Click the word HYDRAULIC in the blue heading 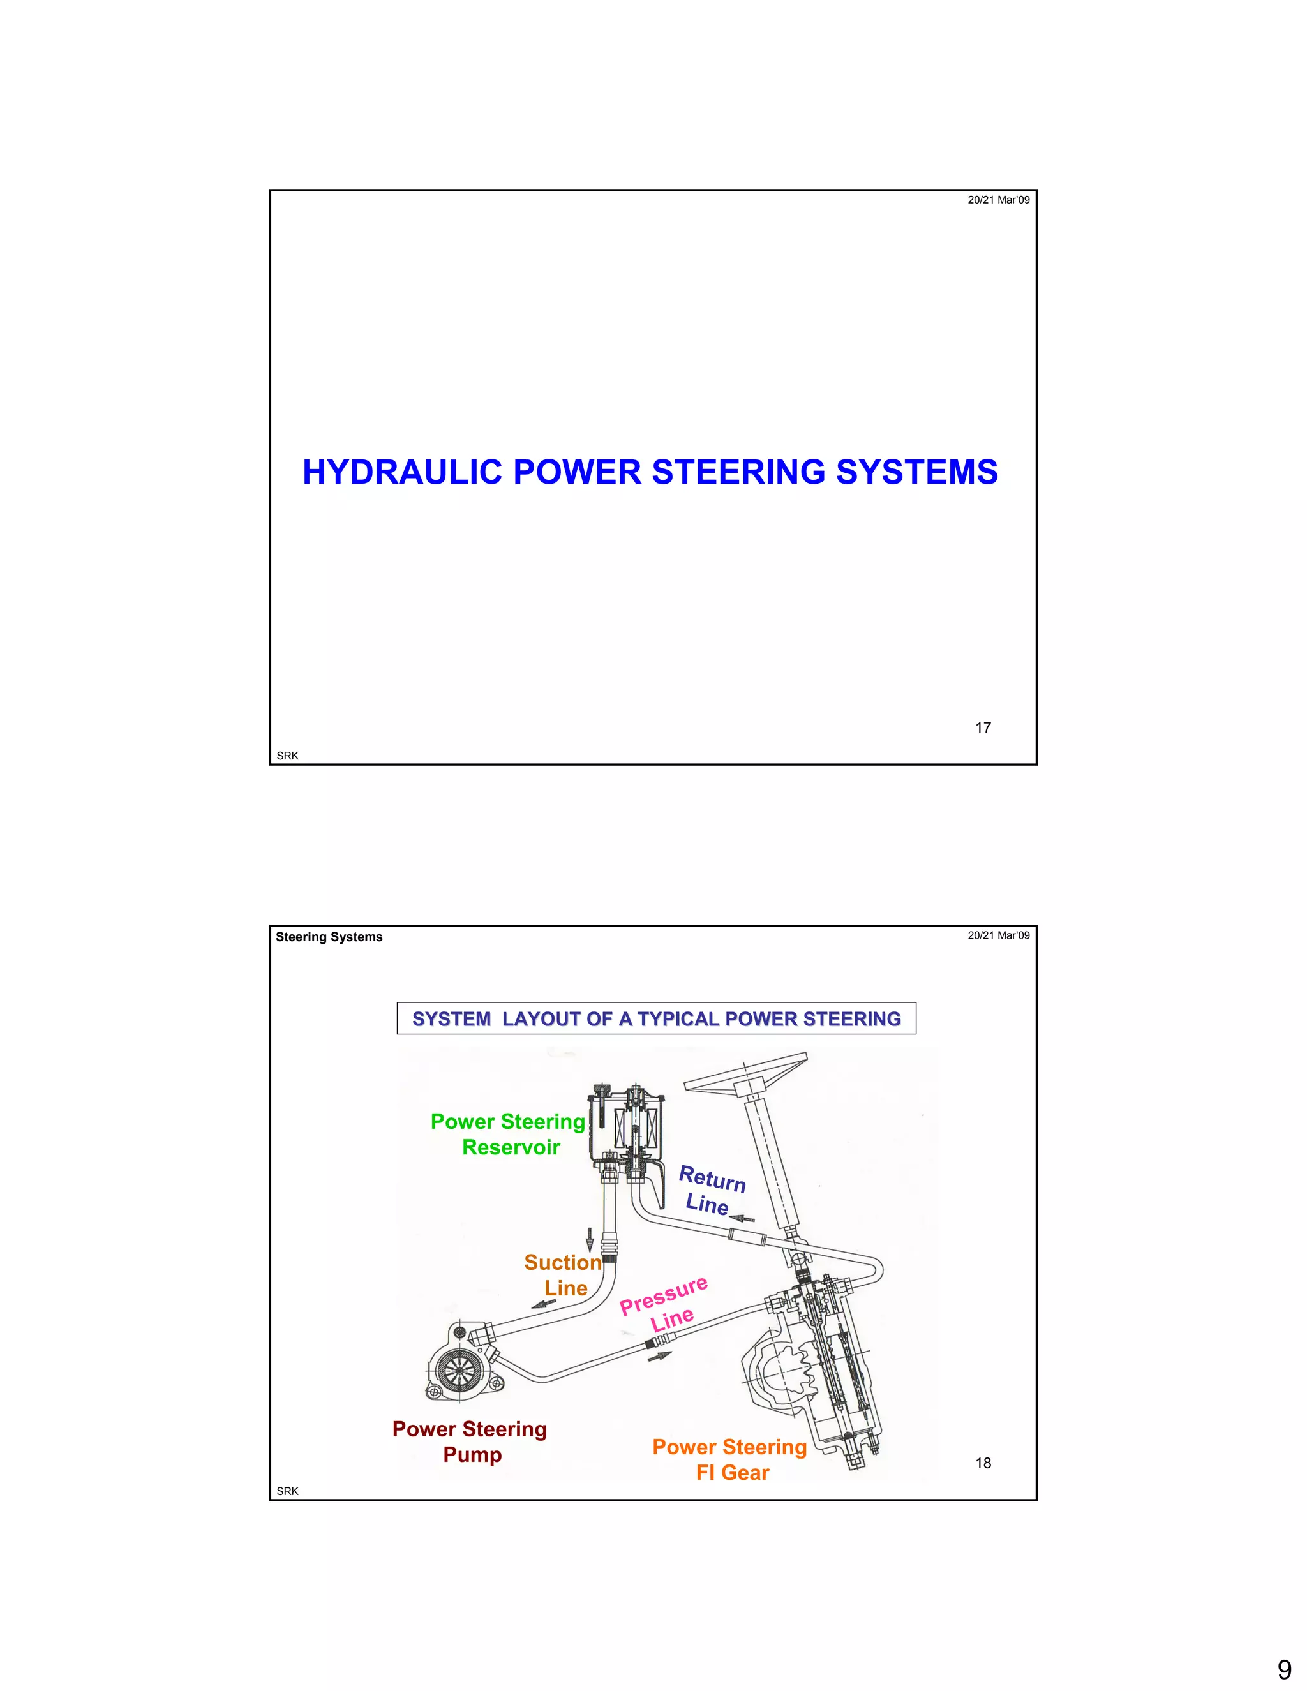click(x=402, y=472)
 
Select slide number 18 click(x=983, y=1463)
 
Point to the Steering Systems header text click(x=329, y=937)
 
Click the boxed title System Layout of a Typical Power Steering click(x=656, y=1018)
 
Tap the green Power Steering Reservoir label click(x=509, y=1135)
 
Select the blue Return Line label click(x=710, y=1191)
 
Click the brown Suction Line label click(x=564, y=1275)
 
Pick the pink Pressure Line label click(x=664, y=1306)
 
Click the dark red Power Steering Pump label click(x=470, y=1441)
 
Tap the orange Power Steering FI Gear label click(x=730, y=1459)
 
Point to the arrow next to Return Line click(x=741, y=1219)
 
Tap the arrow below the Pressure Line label click(x=660, y=1356)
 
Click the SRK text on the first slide click(x=287, y=756)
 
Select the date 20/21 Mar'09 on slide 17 click(x=998, y=200)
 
